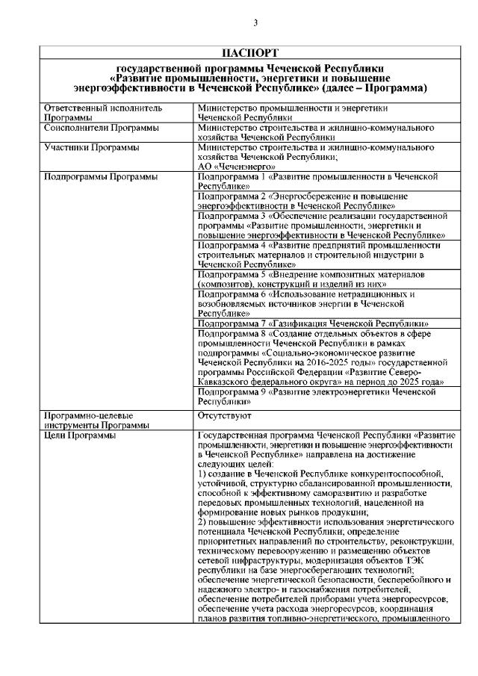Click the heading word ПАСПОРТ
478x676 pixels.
click(x=250, y=53)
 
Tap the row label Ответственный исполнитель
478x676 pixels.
click(x=91, y=108)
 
